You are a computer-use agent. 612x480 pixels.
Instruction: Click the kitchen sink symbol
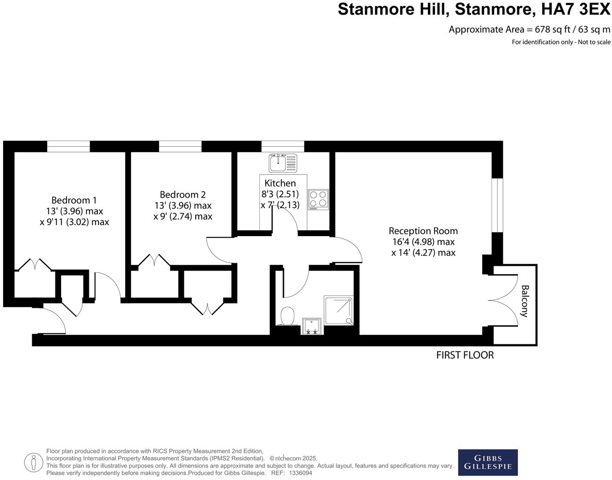283,163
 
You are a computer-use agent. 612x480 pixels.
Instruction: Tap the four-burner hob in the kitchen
318,199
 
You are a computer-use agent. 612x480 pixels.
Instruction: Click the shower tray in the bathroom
339,310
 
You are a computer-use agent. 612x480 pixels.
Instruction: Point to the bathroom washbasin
312,326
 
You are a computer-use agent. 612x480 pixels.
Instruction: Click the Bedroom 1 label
74,200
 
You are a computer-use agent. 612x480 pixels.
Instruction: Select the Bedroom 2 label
182,194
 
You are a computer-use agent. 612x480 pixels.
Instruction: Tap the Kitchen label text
280,183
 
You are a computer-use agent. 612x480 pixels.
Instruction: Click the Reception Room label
423,231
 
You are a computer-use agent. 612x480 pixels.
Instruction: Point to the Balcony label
525,301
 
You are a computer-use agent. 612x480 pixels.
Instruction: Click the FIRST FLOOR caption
465,355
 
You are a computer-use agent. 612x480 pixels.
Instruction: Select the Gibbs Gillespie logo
488,462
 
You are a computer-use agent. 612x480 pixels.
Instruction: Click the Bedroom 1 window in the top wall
68,146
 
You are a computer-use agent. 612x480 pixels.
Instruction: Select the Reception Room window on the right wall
497,205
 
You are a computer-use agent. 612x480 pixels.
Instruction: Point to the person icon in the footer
33,462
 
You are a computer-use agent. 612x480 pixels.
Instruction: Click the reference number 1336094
300,473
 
